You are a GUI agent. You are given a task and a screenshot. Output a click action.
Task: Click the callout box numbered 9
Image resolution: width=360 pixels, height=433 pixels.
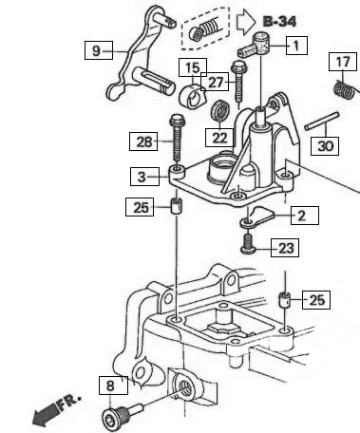point(97,50)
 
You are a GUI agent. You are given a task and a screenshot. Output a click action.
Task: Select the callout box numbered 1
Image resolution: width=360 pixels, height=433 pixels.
point(295,44)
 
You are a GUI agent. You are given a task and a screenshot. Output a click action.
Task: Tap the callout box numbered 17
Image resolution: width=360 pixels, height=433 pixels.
point(343,63)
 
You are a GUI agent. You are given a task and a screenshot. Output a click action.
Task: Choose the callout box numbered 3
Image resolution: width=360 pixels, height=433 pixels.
point(142,177)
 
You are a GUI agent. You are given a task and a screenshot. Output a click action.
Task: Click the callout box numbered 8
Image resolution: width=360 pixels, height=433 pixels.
point(111,386)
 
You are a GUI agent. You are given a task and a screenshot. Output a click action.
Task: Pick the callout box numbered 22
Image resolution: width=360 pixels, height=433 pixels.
point(220,138)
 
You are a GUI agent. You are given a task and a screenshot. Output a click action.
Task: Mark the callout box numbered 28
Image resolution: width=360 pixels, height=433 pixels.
point(142,142)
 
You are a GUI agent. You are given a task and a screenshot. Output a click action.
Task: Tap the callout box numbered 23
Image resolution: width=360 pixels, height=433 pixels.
point(285,249)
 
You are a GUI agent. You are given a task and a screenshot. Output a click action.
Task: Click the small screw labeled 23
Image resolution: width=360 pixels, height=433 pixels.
point(249,246)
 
